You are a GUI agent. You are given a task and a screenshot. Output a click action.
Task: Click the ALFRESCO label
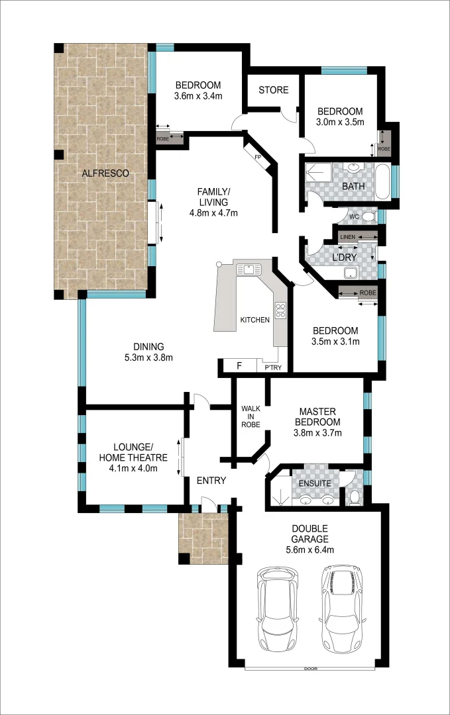[x=105, y=173]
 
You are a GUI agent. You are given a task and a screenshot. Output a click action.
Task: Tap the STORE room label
[x=274, y=90]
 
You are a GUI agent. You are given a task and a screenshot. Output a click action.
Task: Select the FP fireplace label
[x=258, y=157]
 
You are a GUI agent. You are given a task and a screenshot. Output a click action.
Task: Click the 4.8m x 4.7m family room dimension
[x=213, y=213]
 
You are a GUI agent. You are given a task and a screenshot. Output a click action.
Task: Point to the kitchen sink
[x=250, y=269]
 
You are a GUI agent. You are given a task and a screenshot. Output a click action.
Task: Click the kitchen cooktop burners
[x=280, y=309]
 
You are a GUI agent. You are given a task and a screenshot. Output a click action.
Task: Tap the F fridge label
[x=239, y=366]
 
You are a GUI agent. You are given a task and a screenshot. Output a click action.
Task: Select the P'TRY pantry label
[x=274, y=367]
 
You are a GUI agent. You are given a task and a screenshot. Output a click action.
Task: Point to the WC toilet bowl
[x=368, y=216]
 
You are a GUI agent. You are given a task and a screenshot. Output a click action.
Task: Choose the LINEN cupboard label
[x=348, y=237]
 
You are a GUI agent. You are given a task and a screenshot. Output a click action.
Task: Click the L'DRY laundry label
[x=344, y=257]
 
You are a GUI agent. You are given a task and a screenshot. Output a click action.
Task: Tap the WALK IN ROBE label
[x=250, y=416]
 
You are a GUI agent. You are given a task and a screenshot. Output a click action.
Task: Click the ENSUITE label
[x=314, y=483]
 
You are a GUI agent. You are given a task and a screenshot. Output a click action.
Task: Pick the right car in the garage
[x=343, y=607]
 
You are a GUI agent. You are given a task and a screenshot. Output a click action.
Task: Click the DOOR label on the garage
[x=310, y=669]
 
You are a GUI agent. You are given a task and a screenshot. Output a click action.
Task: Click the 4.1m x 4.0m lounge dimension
[x=133, y=469]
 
